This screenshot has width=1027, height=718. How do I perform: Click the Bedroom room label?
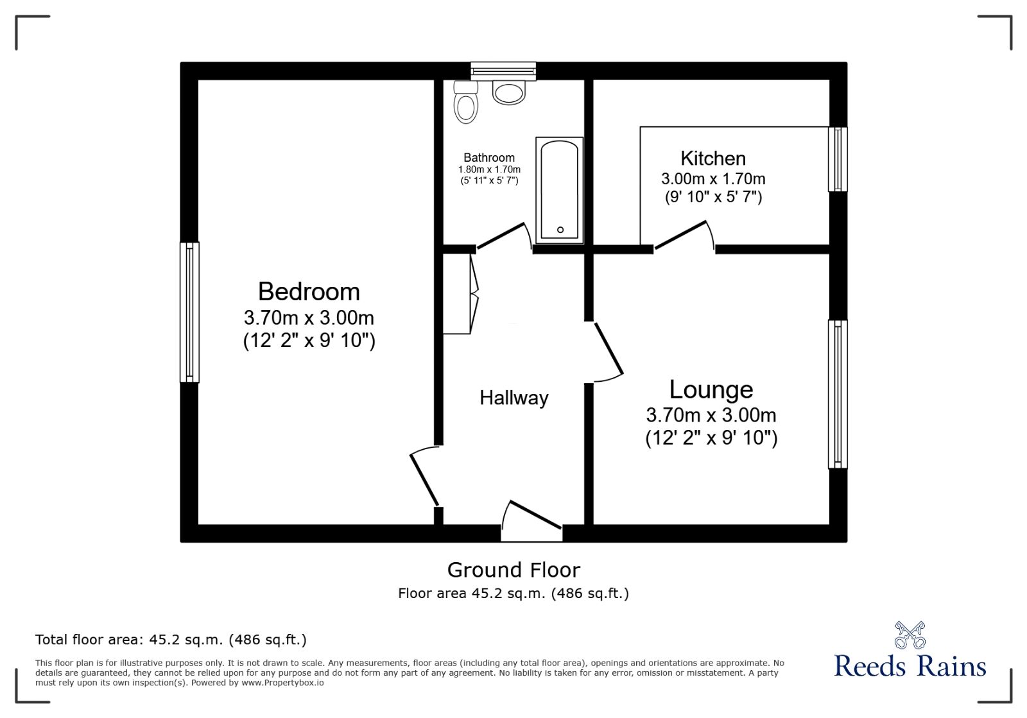(309, 291)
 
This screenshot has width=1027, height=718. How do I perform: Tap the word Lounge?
(711, 390)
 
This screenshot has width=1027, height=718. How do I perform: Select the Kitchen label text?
(713, 158)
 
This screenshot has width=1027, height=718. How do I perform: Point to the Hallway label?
(514, 398)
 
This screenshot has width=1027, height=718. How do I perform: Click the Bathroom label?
(488, 158)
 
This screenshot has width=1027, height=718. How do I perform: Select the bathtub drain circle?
(560, 230)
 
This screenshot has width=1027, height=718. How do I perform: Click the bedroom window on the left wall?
(189, 312)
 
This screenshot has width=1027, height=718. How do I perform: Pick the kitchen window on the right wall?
(838, 159)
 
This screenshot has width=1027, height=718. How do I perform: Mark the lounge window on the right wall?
(838, 394)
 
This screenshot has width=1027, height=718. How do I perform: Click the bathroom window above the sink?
(503, 71)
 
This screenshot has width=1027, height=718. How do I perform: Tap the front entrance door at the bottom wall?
(532, 522)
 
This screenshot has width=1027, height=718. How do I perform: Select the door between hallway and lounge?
(609, 352)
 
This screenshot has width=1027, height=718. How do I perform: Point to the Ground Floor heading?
(513, 570)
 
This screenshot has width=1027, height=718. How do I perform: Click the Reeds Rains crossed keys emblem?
(910, 635)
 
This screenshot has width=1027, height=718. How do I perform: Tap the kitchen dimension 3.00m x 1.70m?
(713, 179)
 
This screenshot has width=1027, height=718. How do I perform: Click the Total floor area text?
(171, 640)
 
